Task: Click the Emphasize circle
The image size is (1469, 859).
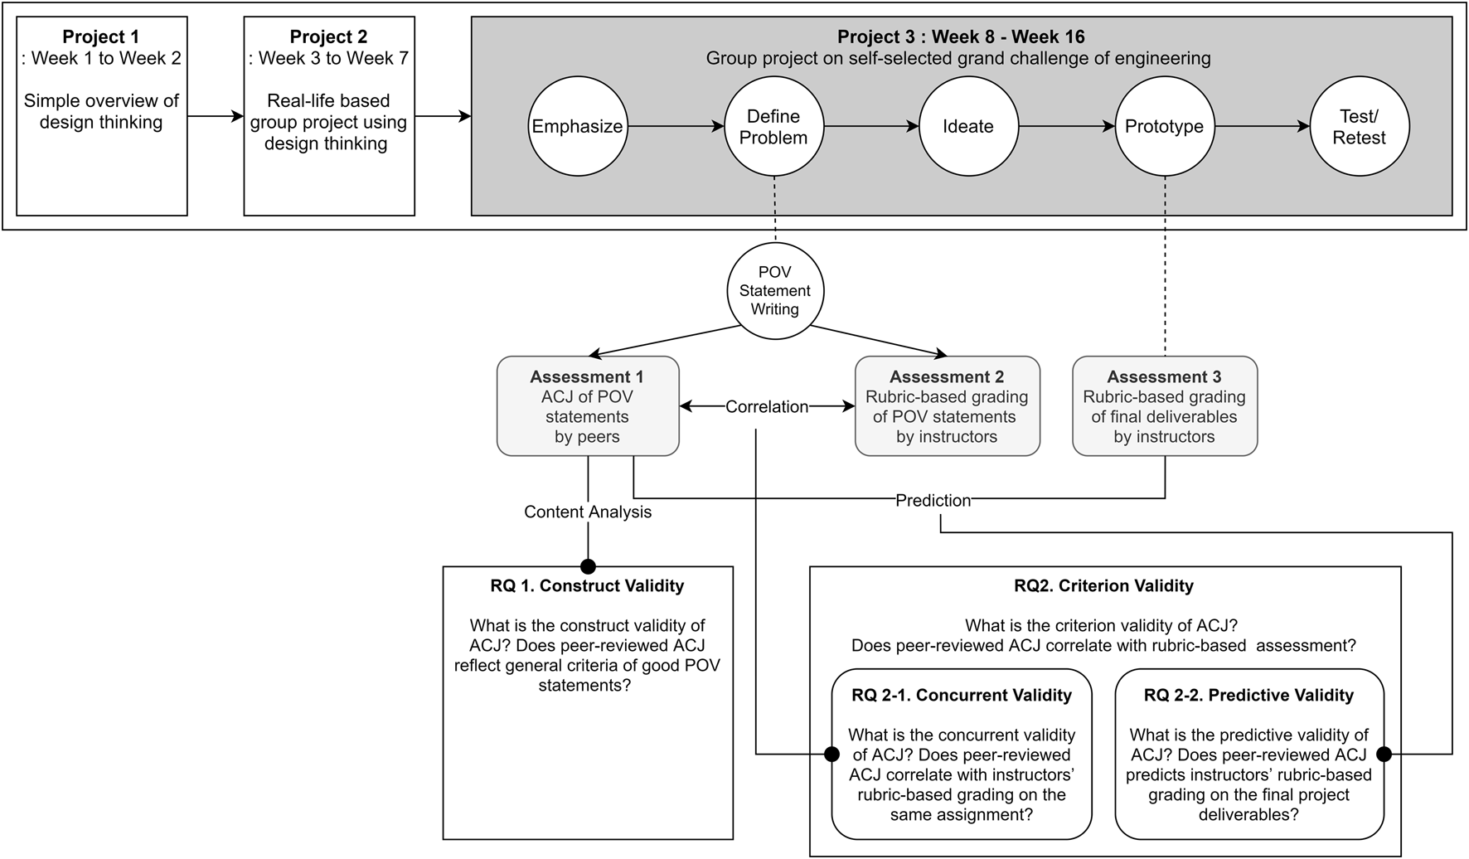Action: [578, 127]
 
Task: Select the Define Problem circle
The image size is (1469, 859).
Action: [773, 127]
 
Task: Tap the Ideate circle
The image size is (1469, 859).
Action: [968, 127]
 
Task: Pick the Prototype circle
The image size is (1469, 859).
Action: [1164, 127]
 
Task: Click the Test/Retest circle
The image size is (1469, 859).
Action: [1359, 127]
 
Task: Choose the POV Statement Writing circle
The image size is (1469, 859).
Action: [775, 290]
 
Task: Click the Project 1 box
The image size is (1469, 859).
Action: [102, 116]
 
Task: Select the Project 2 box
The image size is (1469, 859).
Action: [329, 116]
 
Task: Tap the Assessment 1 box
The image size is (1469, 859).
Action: [588, 406]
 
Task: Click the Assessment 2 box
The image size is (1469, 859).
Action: [947, 406]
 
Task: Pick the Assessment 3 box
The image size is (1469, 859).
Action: [1164, 406]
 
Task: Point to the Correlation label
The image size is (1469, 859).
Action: [767, 406]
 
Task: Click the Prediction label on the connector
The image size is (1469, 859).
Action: [933, 500]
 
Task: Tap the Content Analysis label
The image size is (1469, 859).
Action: [588, 512]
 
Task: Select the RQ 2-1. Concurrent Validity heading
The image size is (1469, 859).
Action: [962, 695]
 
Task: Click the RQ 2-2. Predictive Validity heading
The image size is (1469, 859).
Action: [1248, 695]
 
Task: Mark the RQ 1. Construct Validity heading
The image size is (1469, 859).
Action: [587, 585]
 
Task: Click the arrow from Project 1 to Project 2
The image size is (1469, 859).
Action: [216, 116]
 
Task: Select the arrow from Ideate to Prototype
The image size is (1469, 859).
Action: [1066, 127]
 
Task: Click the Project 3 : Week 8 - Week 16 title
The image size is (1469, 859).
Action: [961, 36]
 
